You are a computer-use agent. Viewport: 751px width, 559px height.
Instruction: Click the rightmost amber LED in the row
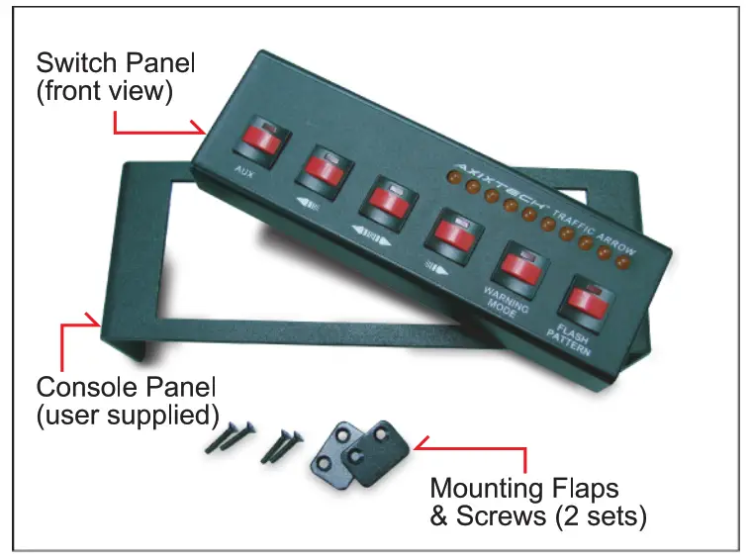tap(624, 263)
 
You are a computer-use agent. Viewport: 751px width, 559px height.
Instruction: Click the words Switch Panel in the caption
tap(116, 64)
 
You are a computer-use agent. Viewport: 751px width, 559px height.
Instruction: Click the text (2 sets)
tap(598, 516)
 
